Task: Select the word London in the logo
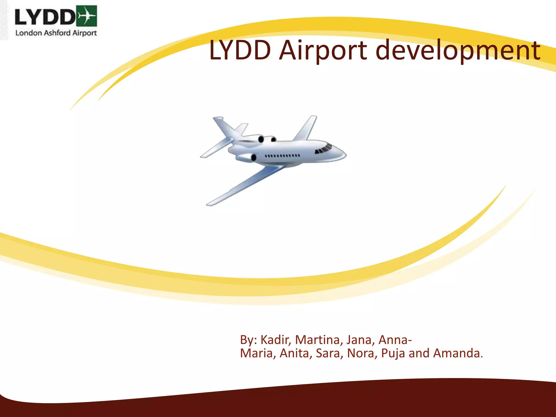pos(29,33)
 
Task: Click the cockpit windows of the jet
pos(324,149)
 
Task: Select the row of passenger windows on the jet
pos(282,156)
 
